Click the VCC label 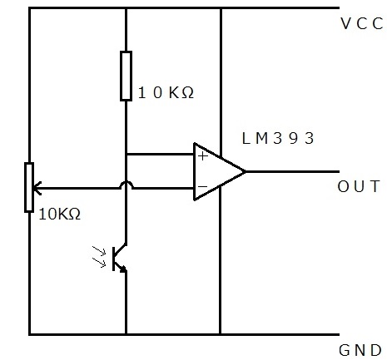362,23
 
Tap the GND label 360,350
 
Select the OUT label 359,186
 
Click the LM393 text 278,138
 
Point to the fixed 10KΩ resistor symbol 126,76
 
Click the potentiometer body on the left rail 29,188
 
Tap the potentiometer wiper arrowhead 37,189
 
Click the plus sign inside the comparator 203,156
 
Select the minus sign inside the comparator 203,186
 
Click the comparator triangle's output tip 245,172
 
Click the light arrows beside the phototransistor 99,257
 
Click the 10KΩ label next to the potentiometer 60,215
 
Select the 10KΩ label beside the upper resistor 166,92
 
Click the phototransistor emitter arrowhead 123,269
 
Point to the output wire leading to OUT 292,172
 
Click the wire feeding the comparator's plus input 160,154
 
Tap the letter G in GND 344,350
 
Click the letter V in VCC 346,23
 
